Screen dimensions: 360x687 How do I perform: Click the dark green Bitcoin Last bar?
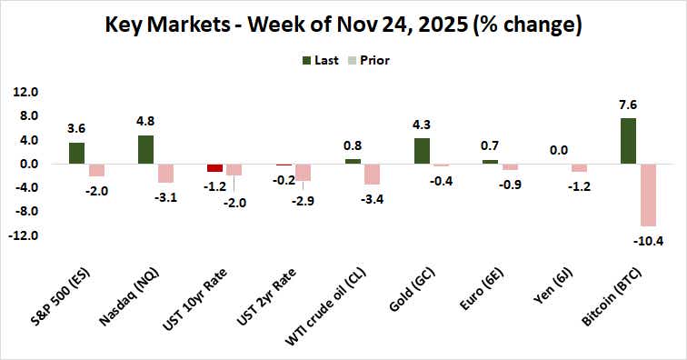[628, 141]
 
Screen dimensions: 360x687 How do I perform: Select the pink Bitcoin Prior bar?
[647, 195]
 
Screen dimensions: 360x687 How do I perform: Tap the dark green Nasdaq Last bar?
[145, 150]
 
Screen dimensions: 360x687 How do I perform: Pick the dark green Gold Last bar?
[422, 151]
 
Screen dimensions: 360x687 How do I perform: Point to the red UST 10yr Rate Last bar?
[214, 167]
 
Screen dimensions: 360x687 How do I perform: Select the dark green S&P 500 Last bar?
[76, 153]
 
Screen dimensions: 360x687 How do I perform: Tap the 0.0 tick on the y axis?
[25, 164]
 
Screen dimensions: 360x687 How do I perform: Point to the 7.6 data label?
[628, 104]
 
